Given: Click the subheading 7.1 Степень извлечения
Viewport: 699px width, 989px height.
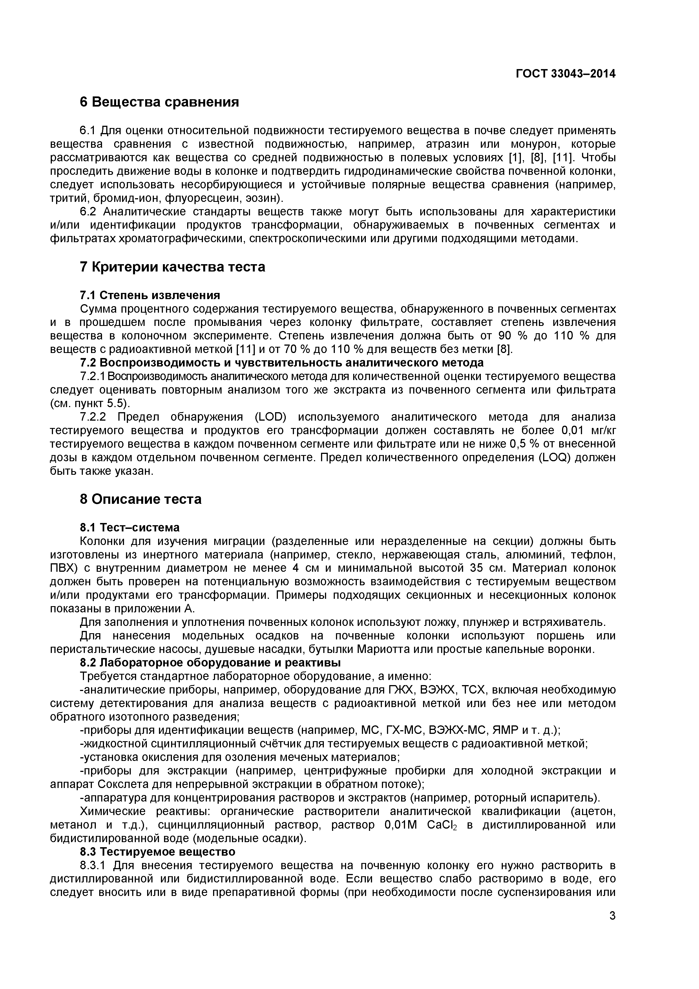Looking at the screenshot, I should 150,295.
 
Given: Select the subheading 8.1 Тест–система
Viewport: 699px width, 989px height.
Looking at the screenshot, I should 130,528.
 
